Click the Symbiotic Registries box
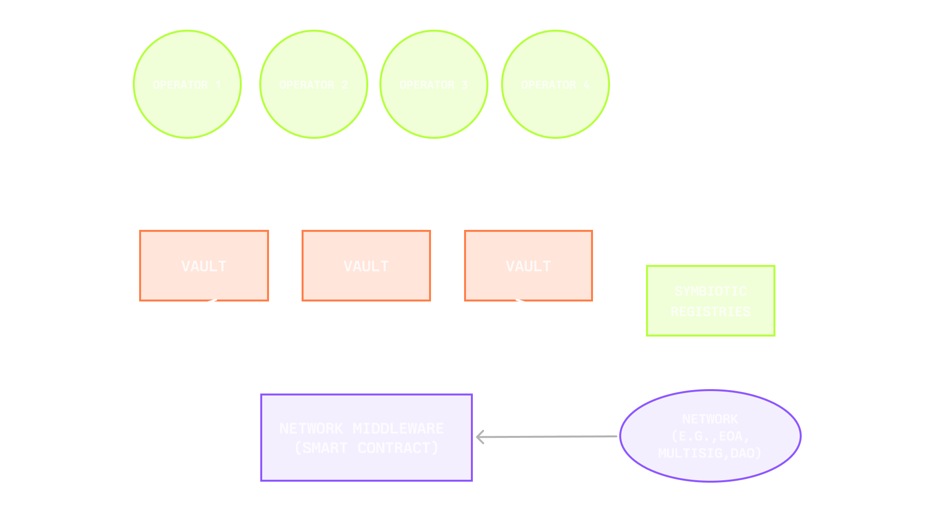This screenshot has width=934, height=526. click(710, 301)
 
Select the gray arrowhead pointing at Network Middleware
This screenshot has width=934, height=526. click(480, 437)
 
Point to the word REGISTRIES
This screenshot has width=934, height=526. click(710, 312)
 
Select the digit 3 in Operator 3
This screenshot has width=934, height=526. click(465, 85)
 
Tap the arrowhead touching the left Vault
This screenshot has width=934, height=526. click(210, 304)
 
